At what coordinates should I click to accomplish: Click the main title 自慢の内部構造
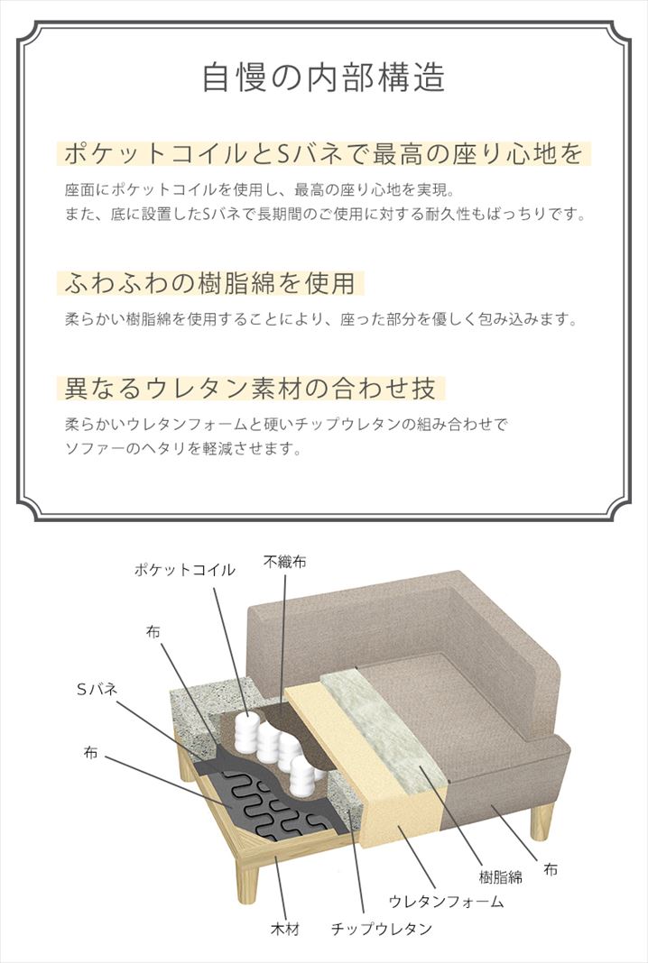323,78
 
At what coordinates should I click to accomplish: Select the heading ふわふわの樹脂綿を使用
210,284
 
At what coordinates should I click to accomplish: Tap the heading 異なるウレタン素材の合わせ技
250,388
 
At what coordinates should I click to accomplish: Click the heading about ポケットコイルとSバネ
323,153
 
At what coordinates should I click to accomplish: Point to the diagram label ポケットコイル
184,569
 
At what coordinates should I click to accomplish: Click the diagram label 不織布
284,562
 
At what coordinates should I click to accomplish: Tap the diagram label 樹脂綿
501,877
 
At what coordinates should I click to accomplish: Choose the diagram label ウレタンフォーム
447,902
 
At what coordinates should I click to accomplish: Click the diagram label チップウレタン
381,929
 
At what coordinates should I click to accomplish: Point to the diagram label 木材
284,929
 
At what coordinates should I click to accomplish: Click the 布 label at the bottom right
551,869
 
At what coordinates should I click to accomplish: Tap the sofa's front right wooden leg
541,821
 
